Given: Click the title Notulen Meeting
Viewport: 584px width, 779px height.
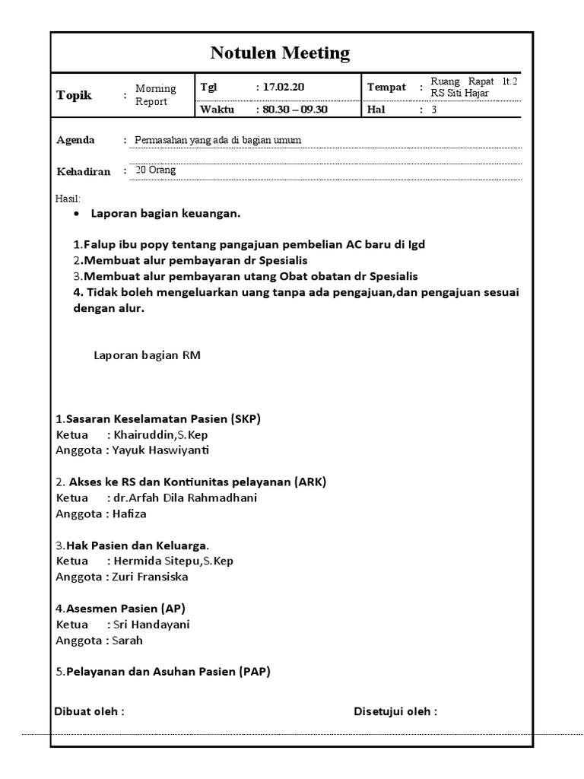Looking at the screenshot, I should tap(280, 53).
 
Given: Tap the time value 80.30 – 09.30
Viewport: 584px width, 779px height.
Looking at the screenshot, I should tap(295, 110).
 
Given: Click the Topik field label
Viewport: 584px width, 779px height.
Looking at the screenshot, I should tap(74, 95).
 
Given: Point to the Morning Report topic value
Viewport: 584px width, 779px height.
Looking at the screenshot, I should tap(155, 95).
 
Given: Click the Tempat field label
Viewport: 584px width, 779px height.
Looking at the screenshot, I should tap(386, 87).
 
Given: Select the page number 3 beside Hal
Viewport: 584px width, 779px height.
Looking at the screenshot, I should tap(434, 110).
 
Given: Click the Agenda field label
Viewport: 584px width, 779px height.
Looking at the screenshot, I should tap(76, 140).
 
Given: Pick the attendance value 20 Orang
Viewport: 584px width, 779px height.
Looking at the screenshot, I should tap(155, 170).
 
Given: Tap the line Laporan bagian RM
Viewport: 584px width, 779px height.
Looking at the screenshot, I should tap(147, 355).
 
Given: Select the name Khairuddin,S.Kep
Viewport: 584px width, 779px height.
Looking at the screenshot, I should tap(160, 434).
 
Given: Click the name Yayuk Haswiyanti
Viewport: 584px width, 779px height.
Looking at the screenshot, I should tap(160, 450).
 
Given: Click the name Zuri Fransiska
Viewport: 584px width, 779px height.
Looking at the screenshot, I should tap(150, 577).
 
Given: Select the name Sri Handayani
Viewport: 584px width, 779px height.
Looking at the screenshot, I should tap(151, 625).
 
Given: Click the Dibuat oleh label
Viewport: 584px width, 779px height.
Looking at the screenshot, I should tap(89, 712).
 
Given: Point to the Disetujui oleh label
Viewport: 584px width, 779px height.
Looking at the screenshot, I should tap(395, 712).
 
